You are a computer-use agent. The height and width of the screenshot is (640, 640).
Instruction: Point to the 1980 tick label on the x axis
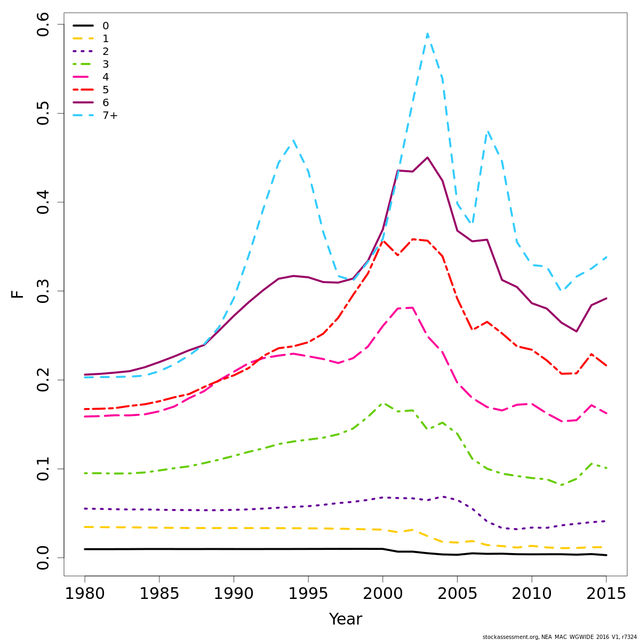pos(85,594)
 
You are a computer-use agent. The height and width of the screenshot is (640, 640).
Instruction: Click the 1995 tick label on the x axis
pos(308,594)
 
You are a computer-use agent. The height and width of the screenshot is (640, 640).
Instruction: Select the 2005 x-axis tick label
pos(457,594)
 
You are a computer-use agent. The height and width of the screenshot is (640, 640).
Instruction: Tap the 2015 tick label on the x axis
pos(606,594)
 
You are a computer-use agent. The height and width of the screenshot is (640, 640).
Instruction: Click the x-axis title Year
pos(346,619)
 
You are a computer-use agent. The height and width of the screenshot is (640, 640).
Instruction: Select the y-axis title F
pos(18,294)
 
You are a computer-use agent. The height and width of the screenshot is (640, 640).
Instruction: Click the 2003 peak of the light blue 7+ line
pos(427,34)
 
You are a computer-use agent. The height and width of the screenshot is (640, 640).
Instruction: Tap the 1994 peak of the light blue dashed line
pos(293,140)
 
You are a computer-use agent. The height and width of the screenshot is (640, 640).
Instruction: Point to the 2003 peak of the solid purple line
pos(427,157)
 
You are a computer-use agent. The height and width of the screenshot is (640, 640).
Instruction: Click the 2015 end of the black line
pos(606,555)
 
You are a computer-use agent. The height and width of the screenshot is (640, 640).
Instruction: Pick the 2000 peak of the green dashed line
pos(383,403)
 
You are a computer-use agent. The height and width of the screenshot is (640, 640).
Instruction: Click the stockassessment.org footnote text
pos(559,637)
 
